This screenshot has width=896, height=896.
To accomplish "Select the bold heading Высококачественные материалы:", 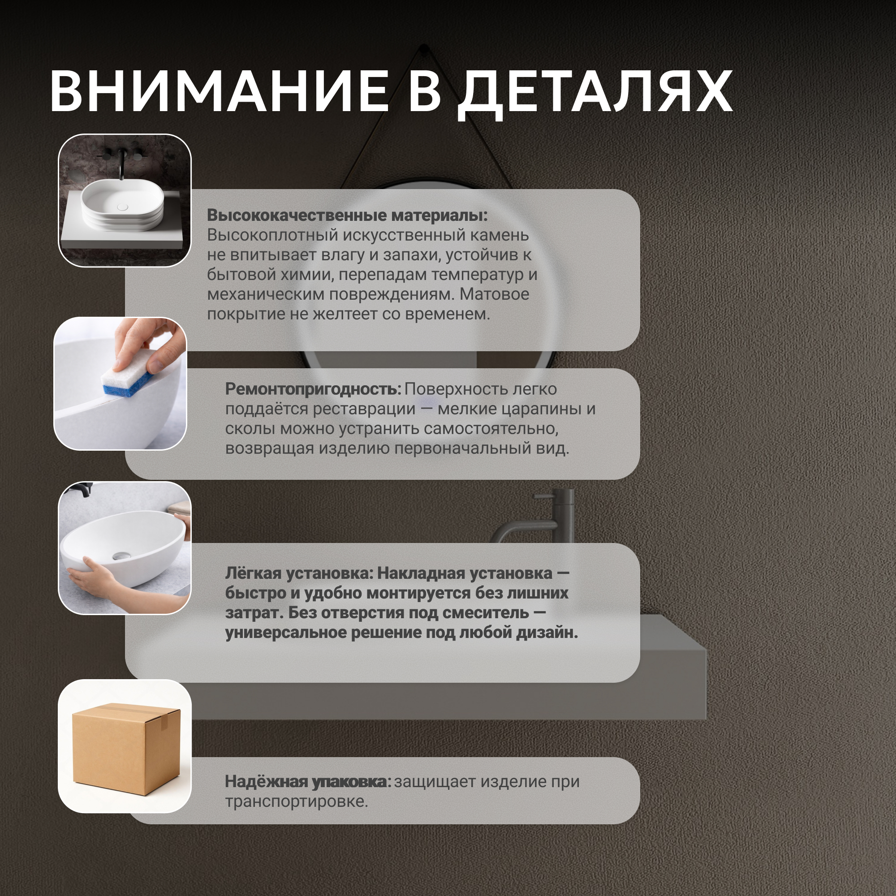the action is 347,215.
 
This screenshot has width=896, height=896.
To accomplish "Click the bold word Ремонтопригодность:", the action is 313,389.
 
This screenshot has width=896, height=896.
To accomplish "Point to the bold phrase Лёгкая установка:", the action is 300,573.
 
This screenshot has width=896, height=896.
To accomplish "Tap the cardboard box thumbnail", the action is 126,747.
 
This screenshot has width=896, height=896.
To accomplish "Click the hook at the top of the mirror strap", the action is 423,49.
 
